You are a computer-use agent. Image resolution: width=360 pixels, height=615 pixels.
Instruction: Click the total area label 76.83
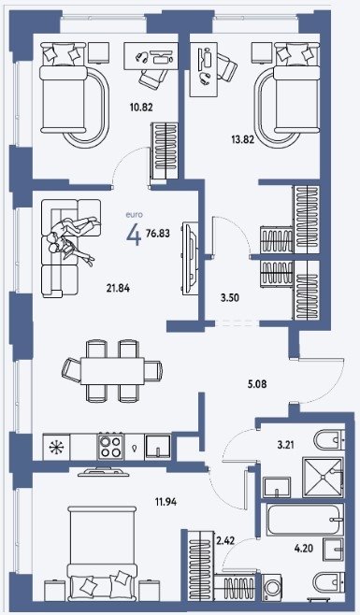158,234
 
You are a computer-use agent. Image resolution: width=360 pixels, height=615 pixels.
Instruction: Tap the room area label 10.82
141,107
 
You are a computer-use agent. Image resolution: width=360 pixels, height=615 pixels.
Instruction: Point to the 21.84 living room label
118,288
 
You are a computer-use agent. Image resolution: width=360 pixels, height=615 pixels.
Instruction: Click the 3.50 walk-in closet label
230,298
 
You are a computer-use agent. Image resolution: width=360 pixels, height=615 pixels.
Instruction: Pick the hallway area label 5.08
257,384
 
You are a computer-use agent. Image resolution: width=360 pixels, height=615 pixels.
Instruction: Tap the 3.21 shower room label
285,445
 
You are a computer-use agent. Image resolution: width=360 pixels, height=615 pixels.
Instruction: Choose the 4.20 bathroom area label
304,548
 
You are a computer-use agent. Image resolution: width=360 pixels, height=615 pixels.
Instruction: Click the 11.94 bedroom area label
166,501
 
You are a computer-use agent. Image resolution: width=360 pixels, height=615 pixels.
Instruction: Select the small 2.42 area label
225,541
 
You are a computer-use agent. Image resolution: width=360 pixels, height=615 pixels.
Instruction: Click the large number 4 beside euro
134,236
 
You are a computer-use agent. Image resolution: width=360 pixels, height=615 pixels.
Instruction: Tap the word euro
134,215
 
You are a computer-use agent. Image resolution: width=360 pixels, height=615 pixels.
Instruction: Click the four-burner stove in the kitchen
110,447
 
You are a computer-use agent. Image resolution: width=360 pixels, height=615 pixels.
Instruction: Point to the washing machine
271,587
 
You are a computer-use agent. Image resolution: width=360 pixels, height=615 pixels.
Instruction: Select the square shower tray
323,478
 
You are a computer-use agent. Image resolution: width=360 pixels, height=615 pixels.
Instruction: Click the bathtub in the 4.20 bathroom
305,520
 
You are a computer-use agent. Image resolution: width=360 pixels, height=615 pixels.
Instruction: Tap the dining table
112,371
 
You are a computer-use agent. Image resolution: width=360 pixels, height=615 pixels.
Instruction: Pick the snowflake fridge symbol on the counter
56,447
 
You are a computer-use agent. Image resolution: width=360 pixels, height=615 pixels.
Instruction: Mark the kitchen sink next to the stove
158,447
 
